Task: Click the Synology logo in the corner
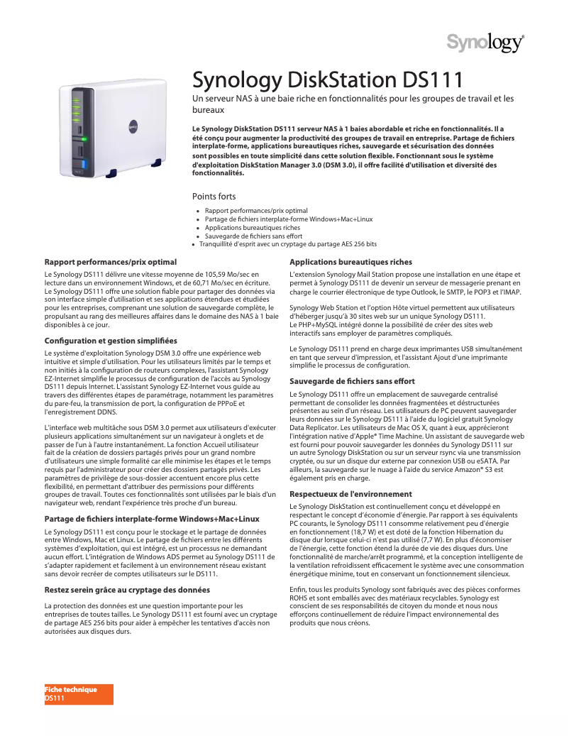tap(485, 43)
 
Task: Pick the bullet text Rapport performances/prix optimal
tap(256, 211)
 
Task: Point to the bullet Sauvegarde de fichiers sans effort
tap(253, 236)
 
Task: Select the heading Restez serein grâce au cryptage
tap(128, 590)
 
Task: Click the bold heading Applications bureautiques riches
tap(350, 262)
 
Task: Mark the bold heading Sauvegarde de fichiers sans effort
tap(352, 381)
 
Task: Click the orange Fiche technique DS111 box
tap(79, 694)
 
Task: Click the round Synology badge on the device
tap(132, 126)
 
